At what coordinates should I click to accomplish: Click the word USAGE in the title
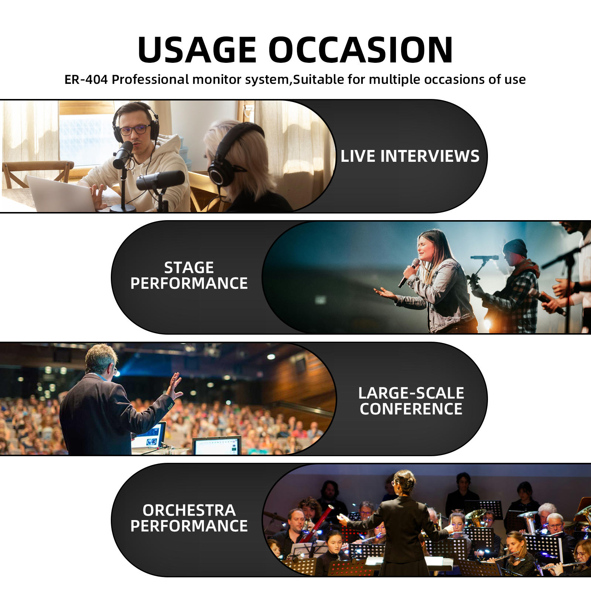pos(197,50)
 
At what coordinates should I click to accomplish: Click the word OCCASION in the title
pos(361,50)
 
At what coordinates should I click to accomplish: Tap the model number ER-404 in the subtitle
pos(86,79)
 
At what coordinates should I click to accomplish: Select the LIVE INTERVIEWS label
pos(410,156)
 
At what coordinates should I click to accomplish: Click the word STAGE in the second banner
pos(189,267)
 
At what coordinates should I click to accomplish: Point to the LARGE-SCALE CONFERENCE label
pos(411,401)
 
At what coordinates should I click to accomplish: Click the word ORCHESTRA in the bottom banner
pos(189,510)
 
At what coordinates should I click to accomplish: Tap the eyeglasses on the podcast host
pos(135,130)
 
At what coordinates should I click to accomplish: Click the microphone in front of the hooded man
pos(123,154)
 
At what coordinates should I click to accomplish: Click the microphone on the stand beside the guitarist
pos(484,257)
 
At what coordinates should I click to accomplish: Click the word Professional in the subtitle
pos(150,79)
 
